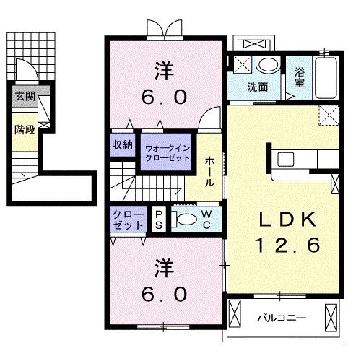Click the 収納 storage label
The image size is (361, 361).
point(122,144)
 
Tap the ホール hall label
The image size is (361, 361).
point(209,172)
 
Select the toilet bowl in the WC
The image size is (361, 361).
point(186,219)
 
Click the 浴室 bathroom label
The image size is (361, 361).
point(300,77)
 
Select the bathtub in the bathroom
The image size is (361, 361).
point(326,77)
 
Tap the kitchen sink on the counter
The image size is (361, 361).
point(284,160)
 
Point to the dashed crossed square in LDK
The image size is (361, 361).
point(331,114)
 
